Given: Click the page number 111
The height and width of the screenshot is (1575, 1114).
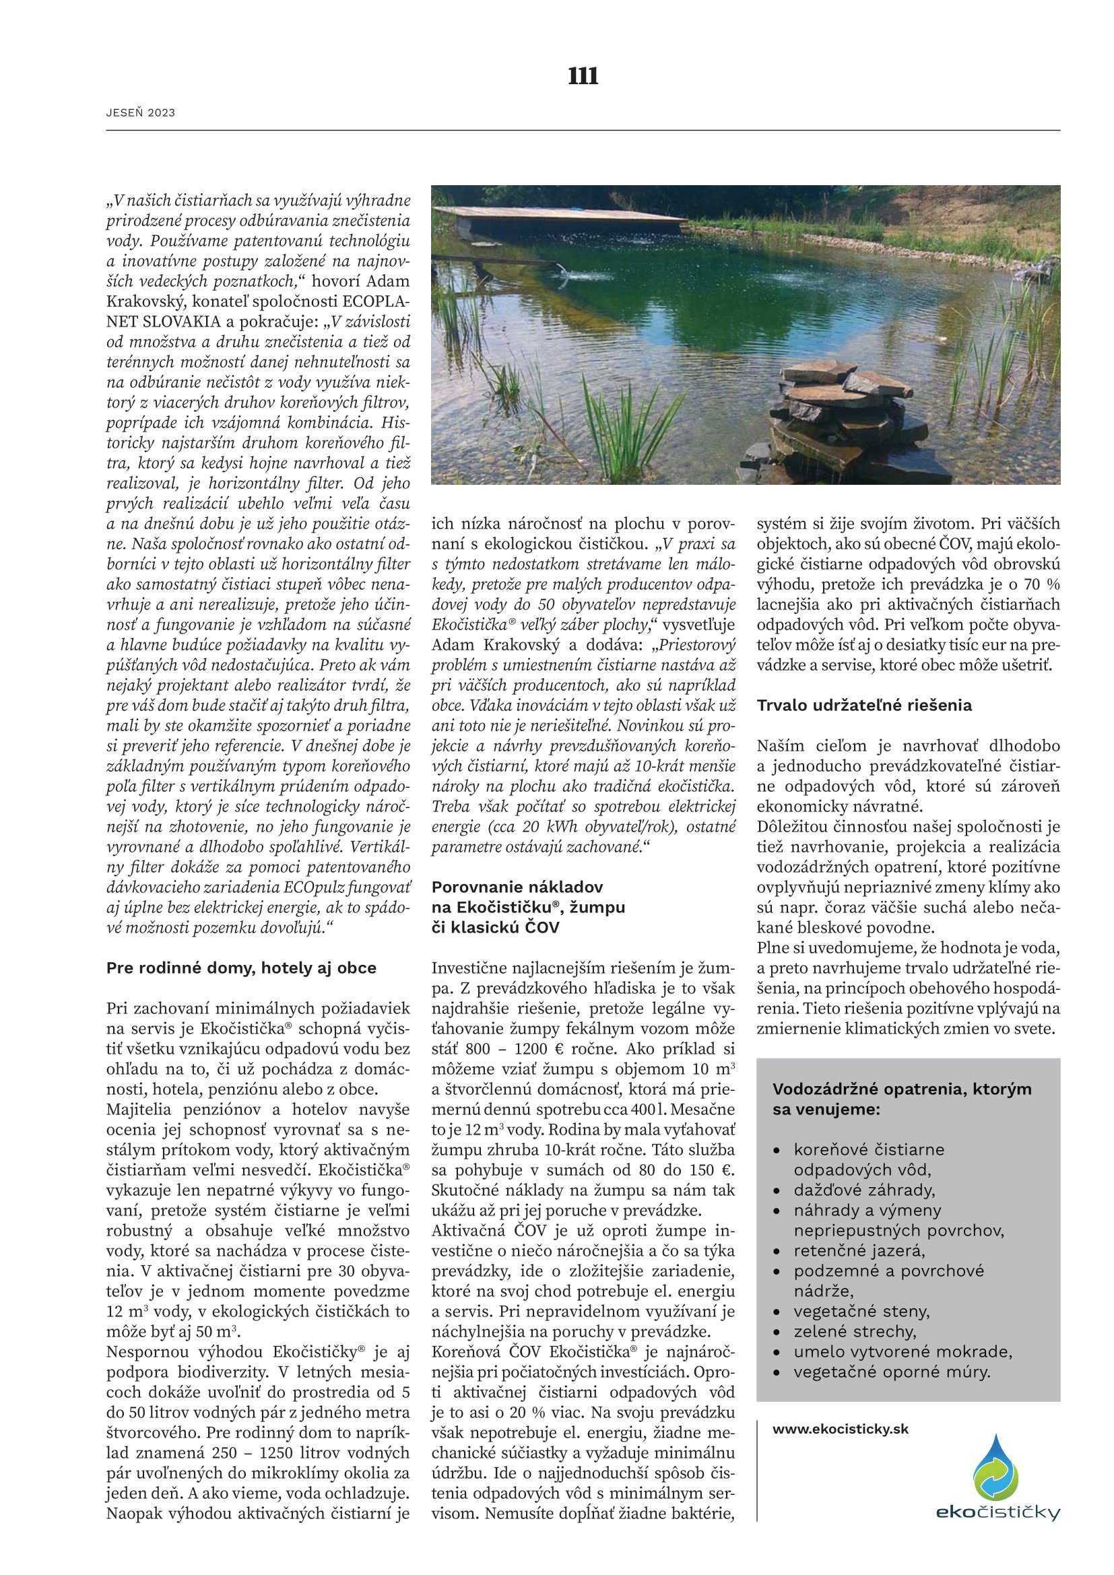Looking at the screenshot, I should point(583,76).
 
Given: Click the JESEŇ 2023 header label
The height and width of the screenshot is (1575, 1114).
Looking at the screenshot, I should point(141,113).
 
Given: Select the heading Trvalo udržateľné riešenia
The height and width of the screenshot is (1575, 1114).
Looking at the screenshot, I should point(864,705).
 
